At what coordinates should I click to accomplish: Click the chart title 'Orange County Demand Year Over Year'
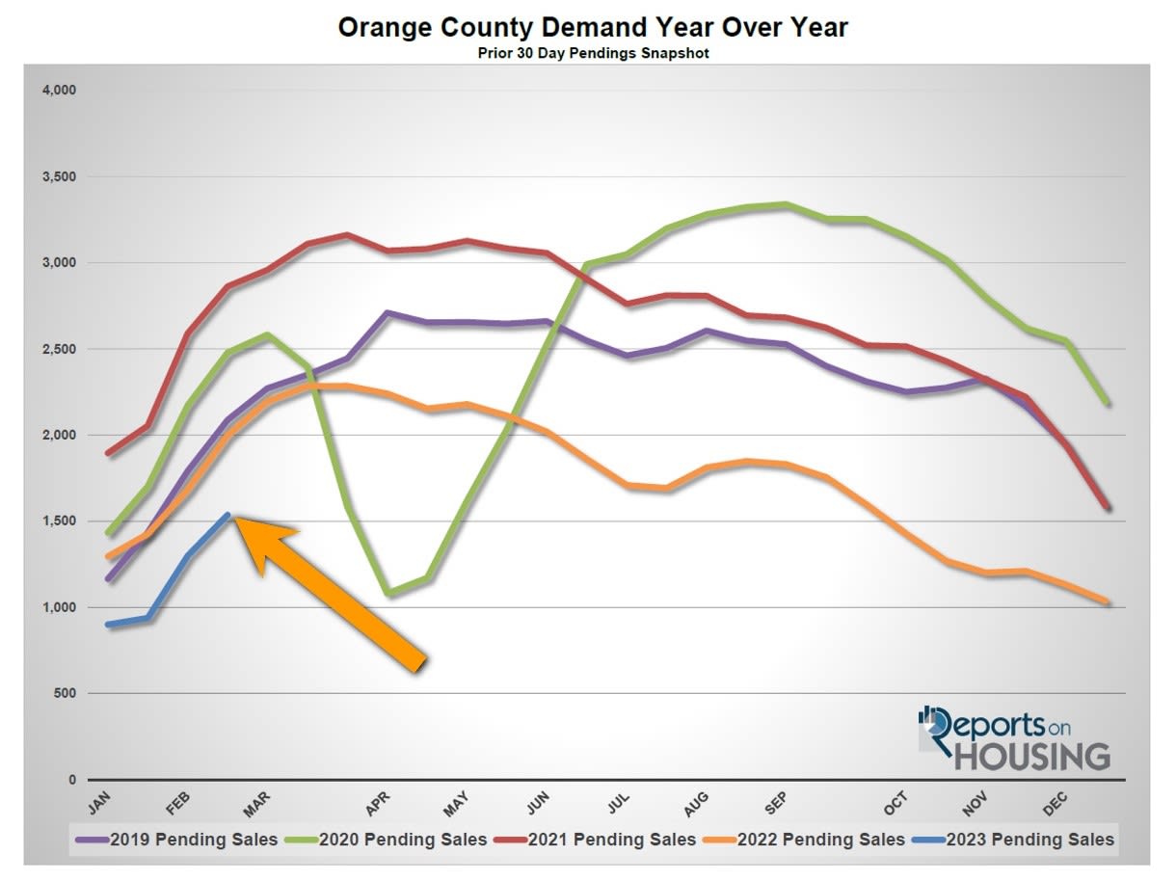point(593,27)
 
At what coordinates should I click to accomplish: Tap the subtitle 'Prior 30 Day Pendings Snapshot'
point(593,54)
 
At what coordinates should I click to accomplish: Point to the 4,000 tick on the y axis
point(59,91)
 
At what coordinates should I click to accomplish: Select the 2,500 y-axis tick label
point(59,349)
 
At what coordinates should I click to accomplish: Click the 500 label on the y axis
point(65,694)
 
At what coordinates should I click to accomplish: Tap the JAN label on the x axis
point(100,802)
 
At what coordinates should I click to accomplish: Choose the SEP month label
point(776,802)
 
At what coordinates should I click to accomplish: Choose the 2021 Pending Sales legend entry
point(597,840)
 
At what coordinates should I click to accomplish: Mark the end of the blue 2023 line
point(227,515)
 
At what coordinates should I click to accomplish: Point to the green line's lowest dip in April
point(388,593)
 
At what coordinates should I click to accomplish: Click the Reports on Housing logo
point(1014,737)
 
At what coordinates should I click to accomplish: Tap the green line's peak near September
point(787,204)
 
